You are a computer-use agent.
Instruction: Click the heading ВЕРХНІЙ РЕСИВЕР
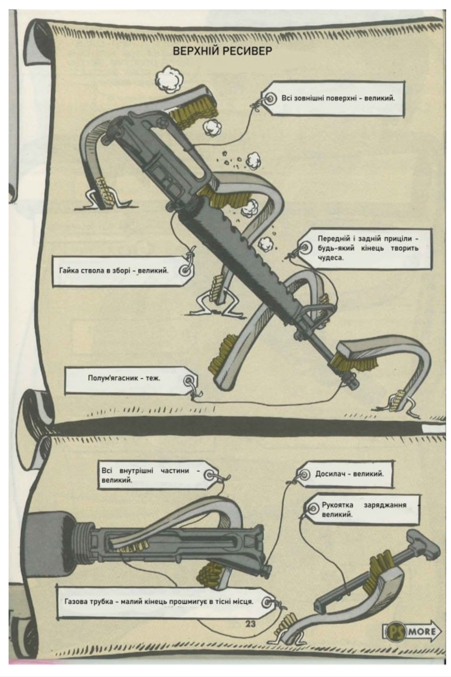point(222,51)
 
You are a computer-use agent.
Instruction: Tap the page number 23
point(251,623)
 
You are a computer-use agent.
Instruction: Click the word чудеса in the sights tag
point(330,257)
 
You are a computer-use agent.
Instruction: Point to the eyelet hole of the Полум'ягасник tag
point(188,381)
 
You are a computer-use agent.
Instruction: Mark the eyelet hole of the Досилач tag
point(303,474)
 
